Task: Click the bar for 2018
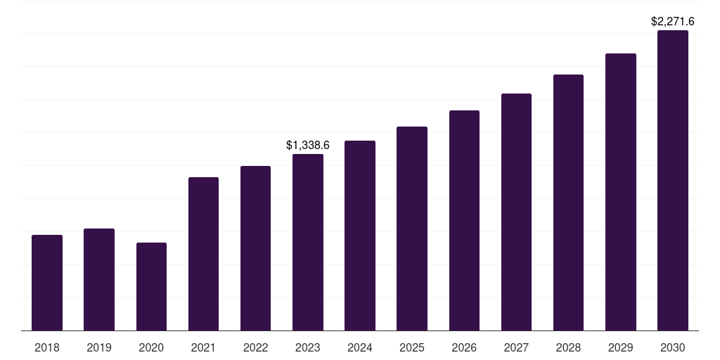point(47,283)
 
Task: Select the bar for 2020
point(151,286)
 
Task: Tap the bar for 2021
point(203,254)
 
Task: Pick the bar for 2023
point(308,242)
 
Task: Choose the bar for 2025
point(412,229)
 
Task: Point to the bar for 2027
point(516,212)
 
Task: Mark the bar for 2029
point(621,192)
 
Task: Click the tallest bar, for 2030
point(673,180)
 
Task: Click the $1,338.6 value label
point(308,146)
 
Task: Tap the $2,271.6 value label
point(673,22)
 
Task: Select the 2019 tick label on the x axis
point(99,347)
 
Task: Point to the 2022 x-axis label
point(256,347)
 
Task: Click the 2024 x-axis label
point(360,347)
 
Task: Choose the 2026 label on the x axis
point(464,347)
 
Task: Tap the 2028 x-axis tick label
point(568,347)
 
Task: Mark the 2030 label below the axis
point(673,347)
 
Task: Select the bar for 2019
point(99,279)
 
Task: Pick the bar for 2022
point(256,248)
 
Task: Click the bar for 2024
point(360,236)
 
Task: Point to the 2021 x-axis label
point(203,347)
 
